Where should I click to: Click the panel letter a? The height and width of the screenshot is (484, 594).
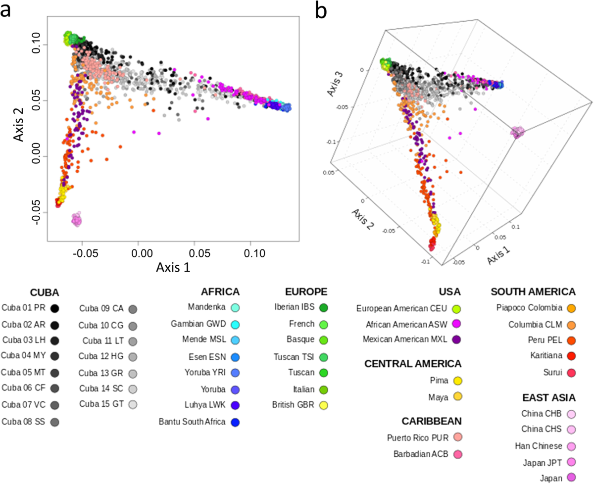(7, 10)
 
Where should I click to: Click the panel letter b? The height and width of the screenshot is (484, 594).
(321, 10)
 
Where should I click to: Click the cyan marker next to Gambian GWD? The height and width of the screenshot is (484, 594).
(236, 324)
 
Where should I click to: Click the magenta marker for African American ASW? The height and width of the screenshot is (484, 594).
(455, 324)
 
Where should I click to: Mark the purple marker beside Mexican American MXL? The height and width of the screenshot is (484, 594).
(455, 340)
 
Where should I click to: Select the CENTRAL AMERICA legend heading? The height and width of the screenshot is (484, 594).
(413, 364)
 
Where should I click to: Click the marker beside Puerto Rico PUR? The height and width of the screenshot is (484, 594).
(455, 438)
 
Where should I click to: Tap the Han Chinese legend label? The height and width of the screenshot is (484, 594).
(542, 446)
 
